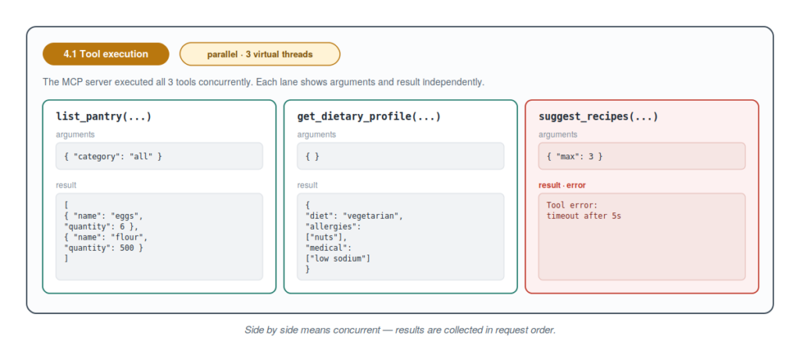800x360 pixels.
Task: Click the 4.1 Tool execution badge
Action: pyautogui.click(x=105, y=54)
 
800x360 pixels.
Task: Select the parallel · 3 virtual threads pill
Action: pyautogui.click(x=259, y=54)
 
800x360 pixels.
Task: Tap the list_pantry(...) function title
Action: pyautogui.click(x=104, y=117)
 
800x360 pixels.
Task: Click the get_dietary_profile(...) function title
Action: pyautogui.click(x=369, y=117)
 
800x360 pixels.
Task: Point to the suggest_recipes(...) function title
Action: pyautogui.click(x=598, y=117)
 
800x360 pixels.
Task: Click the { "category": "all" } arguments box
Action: pyautogui.click(x=159, y=156)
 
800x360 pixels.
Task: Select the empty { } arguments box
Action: pyautogui.click(x=401, y=156)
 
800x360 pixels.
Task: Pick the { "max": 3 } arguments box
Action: pyautogui.click(x=642, y=156)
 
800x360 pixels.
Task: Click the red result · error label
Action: pyautogui.click(x=562, y=185)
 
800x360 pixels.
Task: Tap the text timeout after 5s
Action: pyautogui.click(x=584, y=216)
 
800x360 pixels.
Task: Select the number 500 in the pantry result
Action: pyautogui.click(x=129, y=248)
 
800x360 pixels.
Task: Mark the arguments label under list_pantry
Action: pyautogui.click(x=76, y=134)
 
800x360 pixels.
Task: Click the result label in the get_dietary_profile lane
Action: pyautogui.click(x=308, y=185)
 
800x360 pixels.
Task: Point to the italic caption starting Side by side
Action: pyautogui.click(x=400, y=330)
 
